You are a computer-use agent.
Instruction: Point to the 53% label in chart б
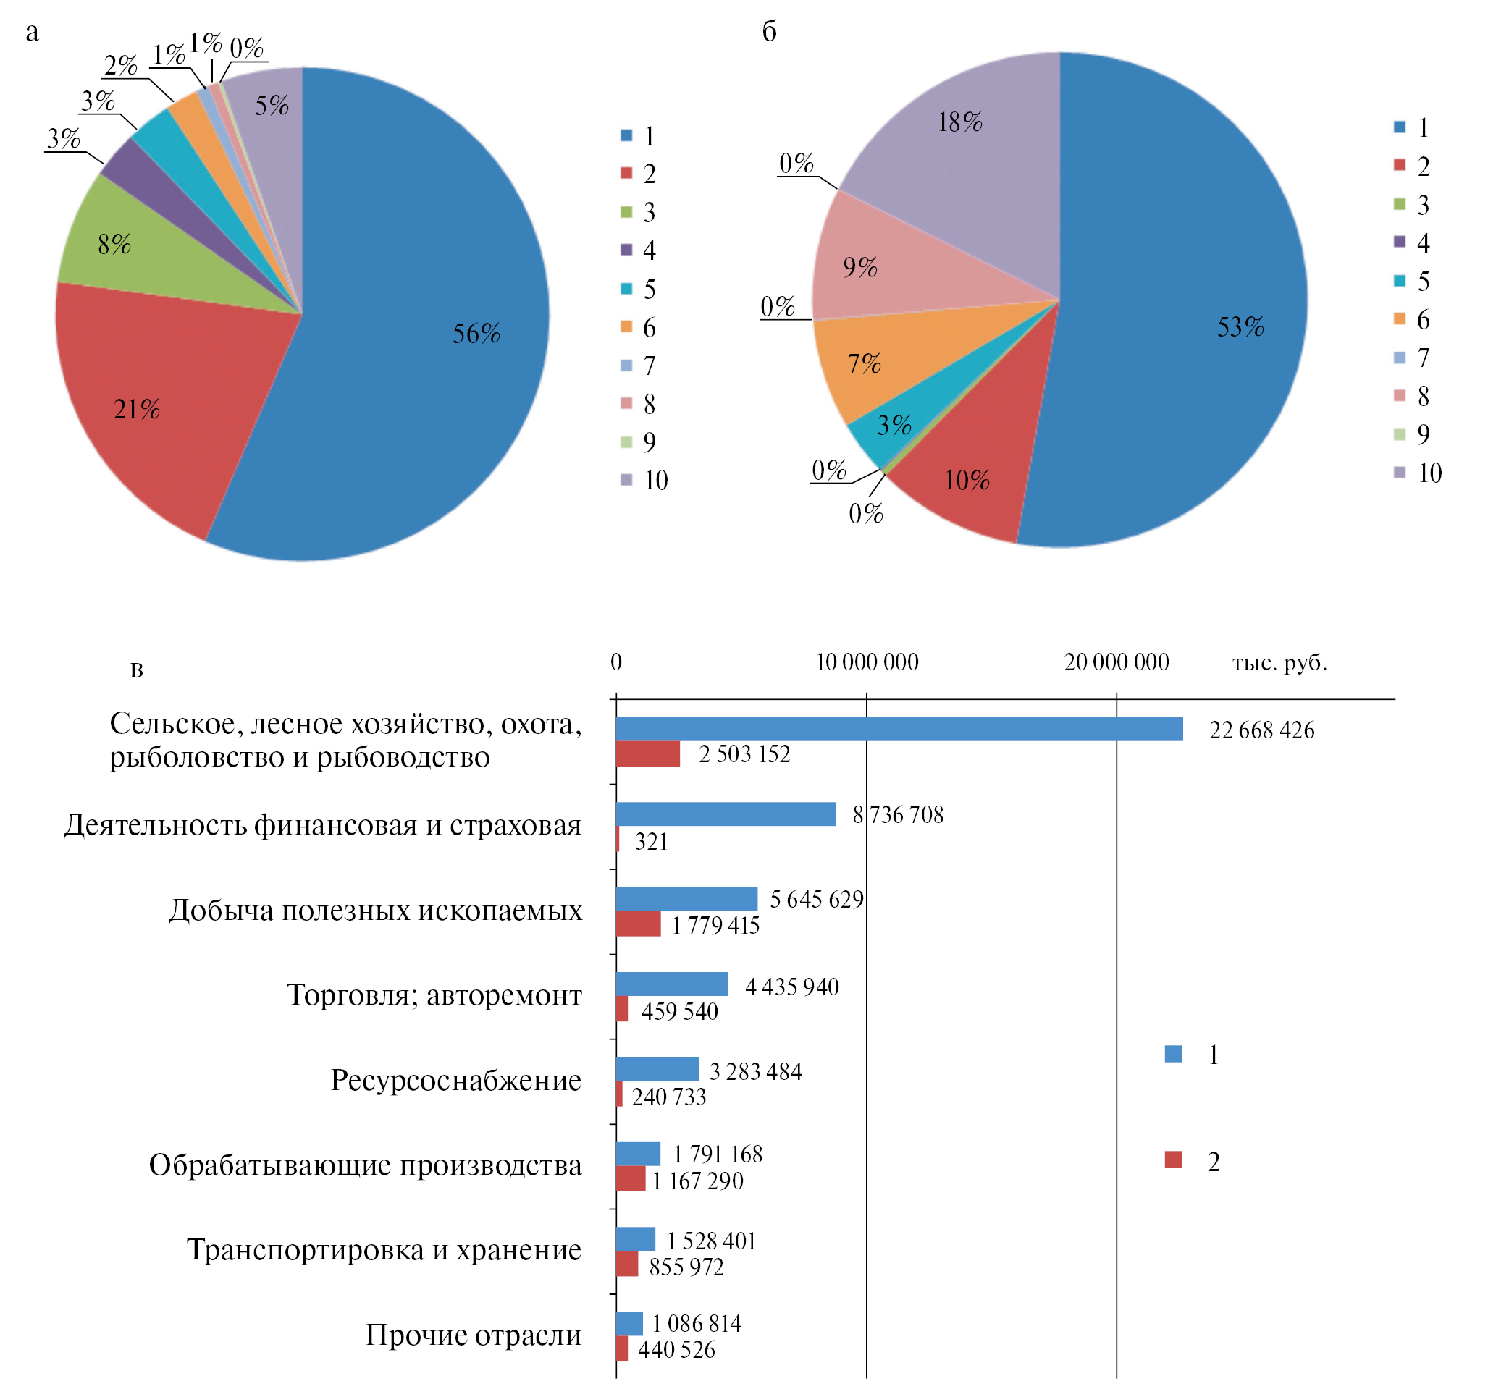(x=1240, y=327)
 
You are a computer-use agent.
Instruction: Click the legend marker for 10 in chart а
(x=626, y=480)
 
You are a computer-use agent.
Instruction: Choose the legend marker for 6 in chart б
(x=1399, y=319)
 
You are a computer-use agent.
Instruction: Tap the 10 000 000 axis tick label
(x=866, y=662)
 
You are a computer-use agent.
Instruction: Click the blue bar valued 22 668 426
(x=898, y=729)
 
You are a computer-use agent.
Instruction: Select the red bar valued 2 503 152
(x=647, y=753)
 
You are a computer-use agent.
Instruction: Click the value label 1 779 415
(x=715, y=926)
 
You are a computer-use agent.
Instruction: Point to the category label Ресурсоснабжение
(x=456, y=1080)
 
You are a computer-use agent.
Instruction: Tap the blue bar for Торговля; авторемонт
(x=671, y=984)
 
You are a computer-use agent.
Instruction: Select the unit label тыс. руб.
(x=1279, y=662)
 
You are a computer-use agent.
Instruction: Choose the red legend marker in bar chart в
(x=1173, y=1160)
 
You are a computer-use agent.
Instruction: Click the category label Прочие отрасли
(x=473, y=1335)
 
